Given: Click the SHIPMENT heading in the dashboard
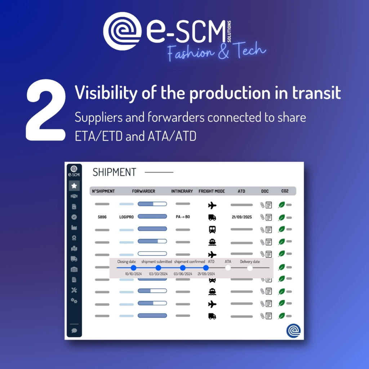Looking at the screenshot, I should click(114, 172).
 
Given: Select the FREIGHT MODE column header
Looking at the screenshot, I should click(212, 191).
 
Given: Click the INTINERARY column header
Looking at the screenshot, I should click(182, 191).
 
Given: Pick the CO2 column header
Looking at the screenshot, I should click(285, 191).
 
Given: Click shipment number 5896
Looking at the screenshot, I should click(102, 217).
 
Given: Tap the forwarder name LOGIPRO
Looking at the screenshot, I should click(126, 217).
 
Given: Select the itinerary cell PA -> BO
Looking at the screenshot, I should click(183, 217).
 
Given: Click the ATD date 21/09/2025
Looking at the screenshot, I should click(242, 217).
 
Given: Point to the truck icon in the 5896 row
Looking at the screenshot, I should click(212, 217).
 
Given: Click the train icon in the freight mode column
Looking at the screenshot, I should click(212, 230).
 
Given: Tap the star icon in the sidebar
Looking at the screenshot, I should click(74, 186).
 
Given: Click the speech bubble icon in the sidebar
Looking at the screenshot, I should click(74, 330).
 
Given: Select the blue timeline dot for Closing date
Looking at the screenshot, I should click(133, 268).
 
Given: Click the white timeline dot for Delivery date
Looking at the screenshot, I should click(250, 268).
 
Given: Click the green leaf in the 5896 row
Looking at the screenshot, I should click(281, 217).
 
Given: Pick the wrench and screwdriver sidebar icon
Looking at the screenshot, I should click(74, 290).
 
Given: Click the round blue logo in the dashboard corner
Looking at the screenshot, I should click(293, 330).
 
